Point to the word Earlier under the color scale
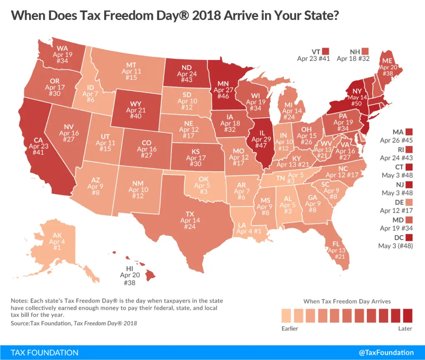[290, 328]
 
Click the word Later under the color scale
[405, 328]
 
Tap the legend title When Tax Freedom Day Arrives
[347, 301]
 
